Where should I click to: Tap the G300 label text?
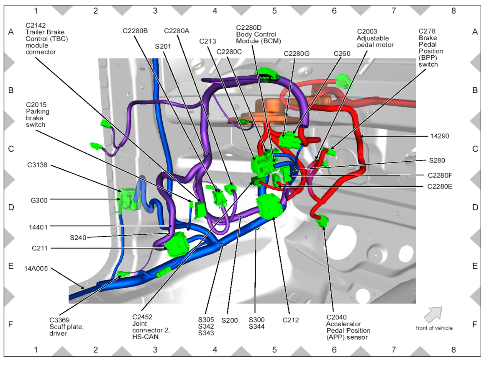37,200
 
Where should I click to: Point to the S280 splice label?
437,160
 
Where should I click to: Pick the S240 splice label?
78,237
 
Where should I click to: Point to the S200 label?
230,320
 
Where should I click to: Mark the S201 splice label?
163,46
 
